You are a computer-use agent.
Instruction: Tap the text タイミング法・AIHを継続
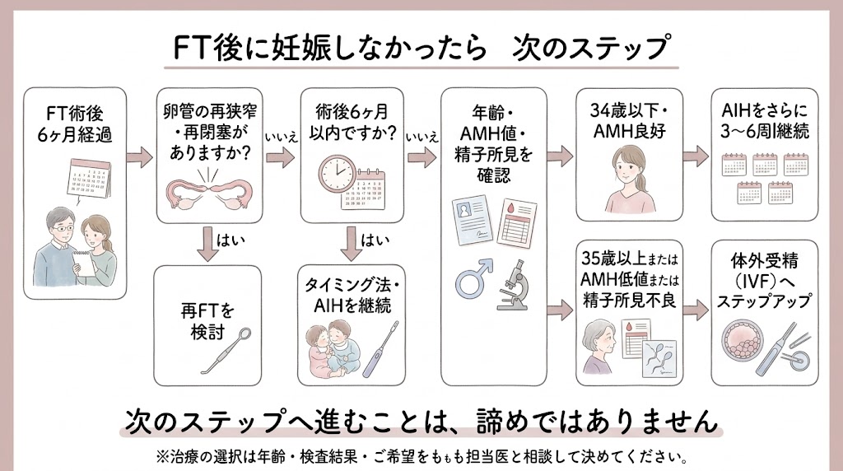[x=350, y=294]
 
